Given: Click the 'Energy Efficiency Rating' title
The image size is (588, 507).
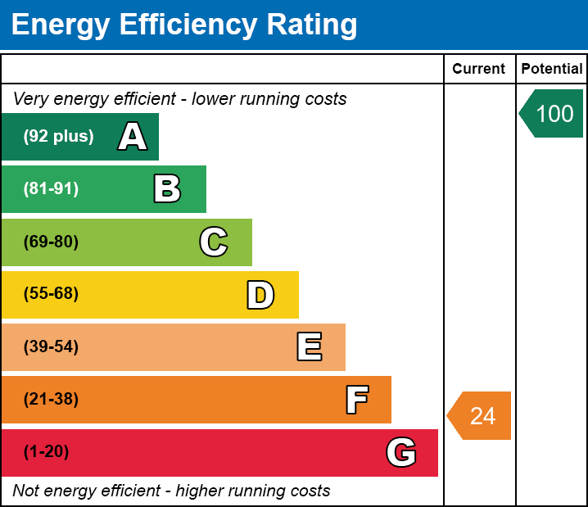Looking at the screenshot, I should pos(184,25).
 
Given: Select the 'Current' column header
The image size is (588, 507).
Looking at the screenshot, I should pos(479,70).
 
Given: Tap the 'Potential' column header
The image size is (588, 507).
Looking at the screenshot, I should pos(552,70).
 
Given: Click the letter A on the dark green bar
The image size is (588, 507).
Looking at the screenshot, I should pos(133,137).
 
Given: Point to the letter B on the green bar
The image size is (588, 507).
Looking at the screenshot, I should pos(167,189).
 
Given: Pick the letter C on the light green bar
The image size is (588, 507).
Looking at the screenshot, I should pos(214,242).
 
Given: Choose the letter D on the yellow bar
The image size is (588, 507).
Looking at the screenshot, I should pos(260,295).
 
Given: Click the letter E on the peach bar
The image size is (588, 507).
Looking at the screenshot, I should pos(309,347).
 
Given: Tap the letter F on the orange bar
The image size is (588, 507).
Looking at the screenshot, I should pos(356,400).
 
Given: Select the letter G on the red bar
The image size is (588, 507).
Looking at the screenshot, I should pos(401,452).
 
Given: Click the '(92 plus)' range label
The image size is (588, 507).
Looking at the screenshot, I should pos(58,137).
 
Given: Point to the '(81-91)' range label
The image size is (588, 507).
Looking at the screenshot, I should pos(51,189).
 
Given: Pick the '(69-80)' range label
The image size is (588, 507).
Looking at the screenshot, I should pos(51,242).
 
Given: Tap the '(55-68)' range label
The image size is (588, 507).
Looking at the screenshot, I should pos(51,294).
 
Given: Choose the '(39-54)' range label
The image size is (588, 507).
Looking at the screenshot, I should pos(51,347).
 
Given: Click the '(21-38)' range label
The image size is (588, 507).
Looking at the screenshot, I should pos(51,400).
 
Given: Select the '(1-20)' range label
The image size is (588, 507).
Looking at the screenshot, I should pos(47,452).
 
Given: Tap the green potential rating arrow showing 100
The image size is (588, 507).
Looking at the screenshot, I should pos(552,113).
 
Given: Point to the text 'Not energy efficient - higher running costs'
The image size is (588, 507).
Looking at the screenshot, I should pos(171,491).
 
